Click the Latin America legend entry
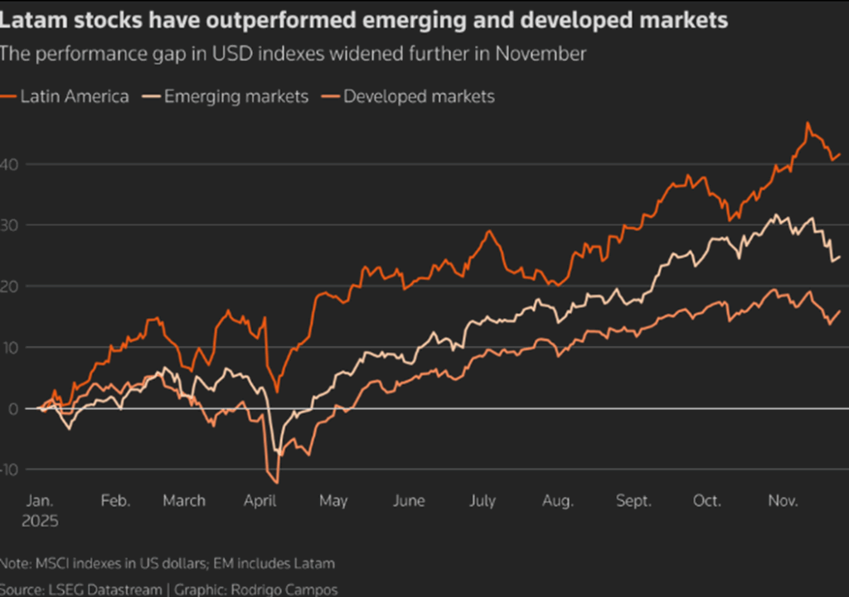(74, 97)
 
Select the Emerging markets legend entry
(235, 97)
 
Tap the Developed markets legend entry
(419, 97)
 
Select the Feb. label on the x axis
(115, 501)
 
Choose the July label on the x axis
(482, 501)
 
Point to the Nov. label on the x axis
(782, 501)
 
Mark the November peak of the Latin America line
(808, 123)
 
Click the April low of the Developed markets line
(275, 482)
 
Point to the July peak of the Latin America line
(489, 231)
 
